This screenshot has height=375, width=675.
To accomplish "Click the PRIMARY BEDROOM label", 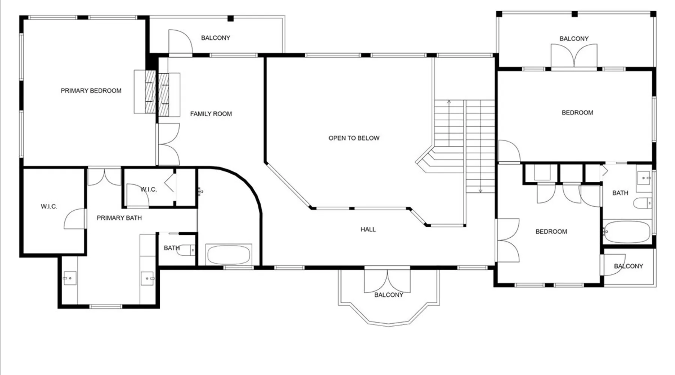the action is pyautogui.click(x=91, y=91).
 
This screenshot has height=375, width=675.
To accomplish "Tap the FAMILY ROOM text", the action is pyautogui.click(x=211, y=114).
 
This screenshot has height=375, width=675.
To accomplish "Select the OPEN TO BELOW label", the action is pyautogui.click(x=354, y=138).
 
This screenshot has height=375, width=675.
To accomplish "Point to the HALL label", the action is pyautogui.click(x=368, y=229).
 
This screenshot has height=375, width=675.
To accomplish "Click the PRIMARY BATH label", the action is pyautogui.click(x=119, y=218).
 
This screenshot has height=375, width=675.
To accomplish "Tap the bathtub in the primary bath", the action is pyautogui.click(x=229, y=255).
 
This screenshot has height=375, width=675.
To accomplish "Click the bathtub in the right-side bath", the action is pyautogui.click(x=627, y=232).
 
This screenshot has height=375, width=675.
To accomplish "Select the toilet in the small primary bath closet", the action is pyautogui.click(x=187, y=250).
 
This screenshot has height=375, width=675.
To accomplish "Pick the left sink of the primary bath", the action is pyautogui.click(x=69, y=278).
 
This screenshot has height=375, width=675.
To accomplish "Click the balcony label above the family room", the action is pyautogui.click(x=216, y=38).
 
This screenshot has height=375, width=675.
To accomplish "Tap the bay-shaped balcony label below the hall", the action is pyautogui.click(x=389, y=295).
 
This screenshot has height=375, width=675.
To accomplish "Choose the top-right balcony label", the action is pyautogui.click(x=574, y=39).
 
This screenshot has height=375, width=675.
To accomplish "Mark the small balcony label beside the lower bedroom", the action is pyautogui.click(x=628, y=266).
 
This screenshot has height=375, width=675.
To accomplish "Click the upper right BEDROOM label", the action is pyautogui.click(x=577, y=112).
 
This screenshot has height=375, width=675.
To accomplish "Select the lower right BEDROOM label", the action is pyautogui.click(x=551, y=232).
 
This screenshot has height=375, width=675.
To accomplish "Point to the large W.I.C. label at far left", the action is pyautogui.click(x=49, y=207).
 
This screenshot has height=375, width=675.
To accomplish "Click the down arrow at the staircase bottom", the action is pyautogui.click(x=480, y=190).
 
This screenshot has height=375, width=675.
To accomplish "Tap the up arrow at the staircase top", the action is pyautogui.click(x=449, y=102).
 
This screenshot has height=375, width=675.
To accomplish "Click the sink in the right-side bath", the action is pyautogui.click(x=644, y=178).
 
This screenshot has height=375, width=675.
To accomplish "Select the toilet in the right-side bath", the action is pyautogui.click(x=643, y=204).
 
